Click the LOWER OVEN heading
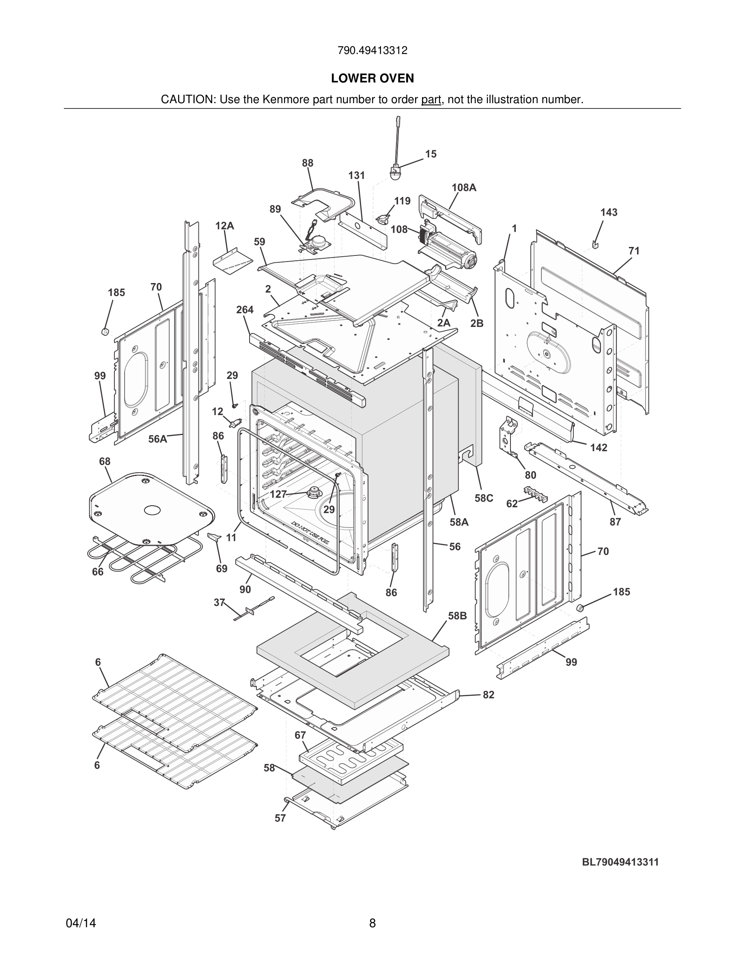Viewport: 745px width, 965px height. pyautogui.click(x=372, y=78)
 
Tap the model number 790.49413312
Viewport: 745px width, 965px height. pyautogui.click(x=372, y=50)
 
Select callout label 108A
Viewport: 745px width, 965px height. pyautogui.click(x=463, y=187)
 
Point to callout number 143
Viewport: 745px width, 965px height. pyautogui.click(x=609, y=212)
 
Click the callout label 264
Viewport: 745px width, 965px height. pyautogui.click(x=245, y=310)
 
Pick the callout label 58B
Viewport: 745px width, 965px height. pyautogui.click(x=457, y=615)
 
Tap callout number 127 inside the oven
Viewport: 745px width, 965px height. pyautogui.click(x=278, y=494)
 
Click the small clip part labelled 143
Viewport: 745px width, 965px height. pyautogui.click(x=595, y=243)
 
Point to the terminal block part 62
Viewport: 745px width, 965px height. pyautogui.click(x=534, y=494)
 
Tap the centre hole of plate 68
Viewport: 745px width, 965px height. pyautogui.click(x=152, y=510)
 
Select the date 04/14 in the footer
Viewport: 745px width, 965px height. pyautogui.click(x=81, y=923)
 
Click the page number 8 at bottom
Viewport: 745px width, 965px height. pyautogui.click(x=372, y=923)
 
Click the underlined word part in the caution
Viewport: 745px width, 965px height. pyautogui.click(x=431, y=100)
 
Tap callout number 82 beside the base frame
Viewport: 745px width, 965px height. pyautogui.click(x=488, y=695)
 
